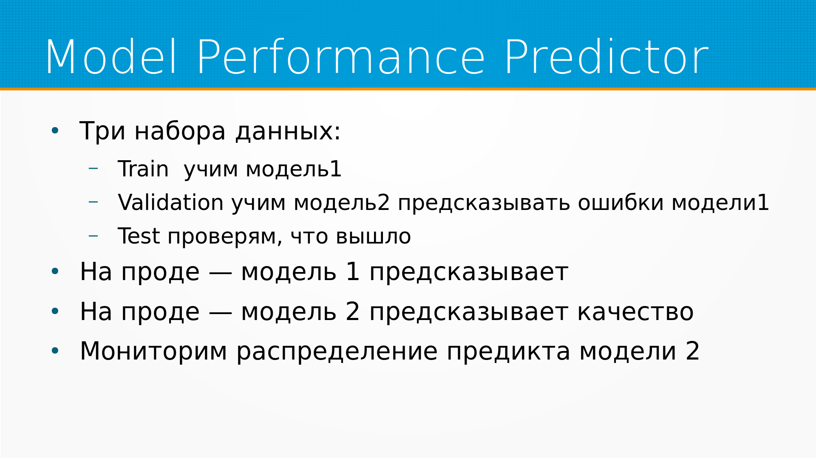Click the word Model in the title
click(x=111, y=57)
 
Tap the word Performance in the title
click(x=341, y=57)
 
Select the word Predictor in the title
click(x=606, y=57)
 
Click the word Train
click(x=143, y=169)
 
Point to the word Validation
click(x=171, y=202)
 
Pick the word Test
click(x=139, y=236)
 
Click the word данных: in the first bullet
click(x=288, y=132)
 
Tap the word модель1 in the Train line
click(x=294, y=169)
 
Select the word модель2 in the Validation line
click(x=342, y=202)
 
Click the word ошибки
click(x=620, y=203)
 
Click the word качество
click(x=635, y=312)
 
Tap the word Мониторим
click(x=154, y=352)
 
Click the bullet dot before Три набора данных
click(x=55, y=131)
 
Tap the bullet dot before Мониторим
click(x=55, y=351)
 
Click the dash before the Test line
click(x=93, y=235)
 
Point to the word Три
click(x=102, y=132)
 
